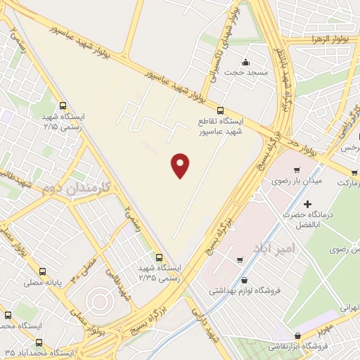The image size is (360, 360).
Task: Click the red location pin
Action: (181, 165)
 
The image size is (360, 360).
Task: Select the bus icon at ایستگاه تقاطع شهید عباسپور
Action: (221, 110)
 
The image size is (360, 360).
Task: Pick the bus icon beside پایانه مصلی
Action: (44, 271)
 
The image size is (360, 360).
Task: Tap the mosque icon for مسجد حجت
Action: (245, 62)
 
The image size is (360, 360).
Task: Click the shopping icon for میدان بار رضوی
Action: (298, 169)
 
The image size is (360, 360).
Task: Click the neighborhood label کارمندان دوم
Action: (73, 188)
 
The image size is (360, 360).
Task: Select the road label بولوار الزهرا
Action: (330, 40)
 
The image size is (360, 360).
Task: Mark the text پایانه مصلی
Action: (65, 282)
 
